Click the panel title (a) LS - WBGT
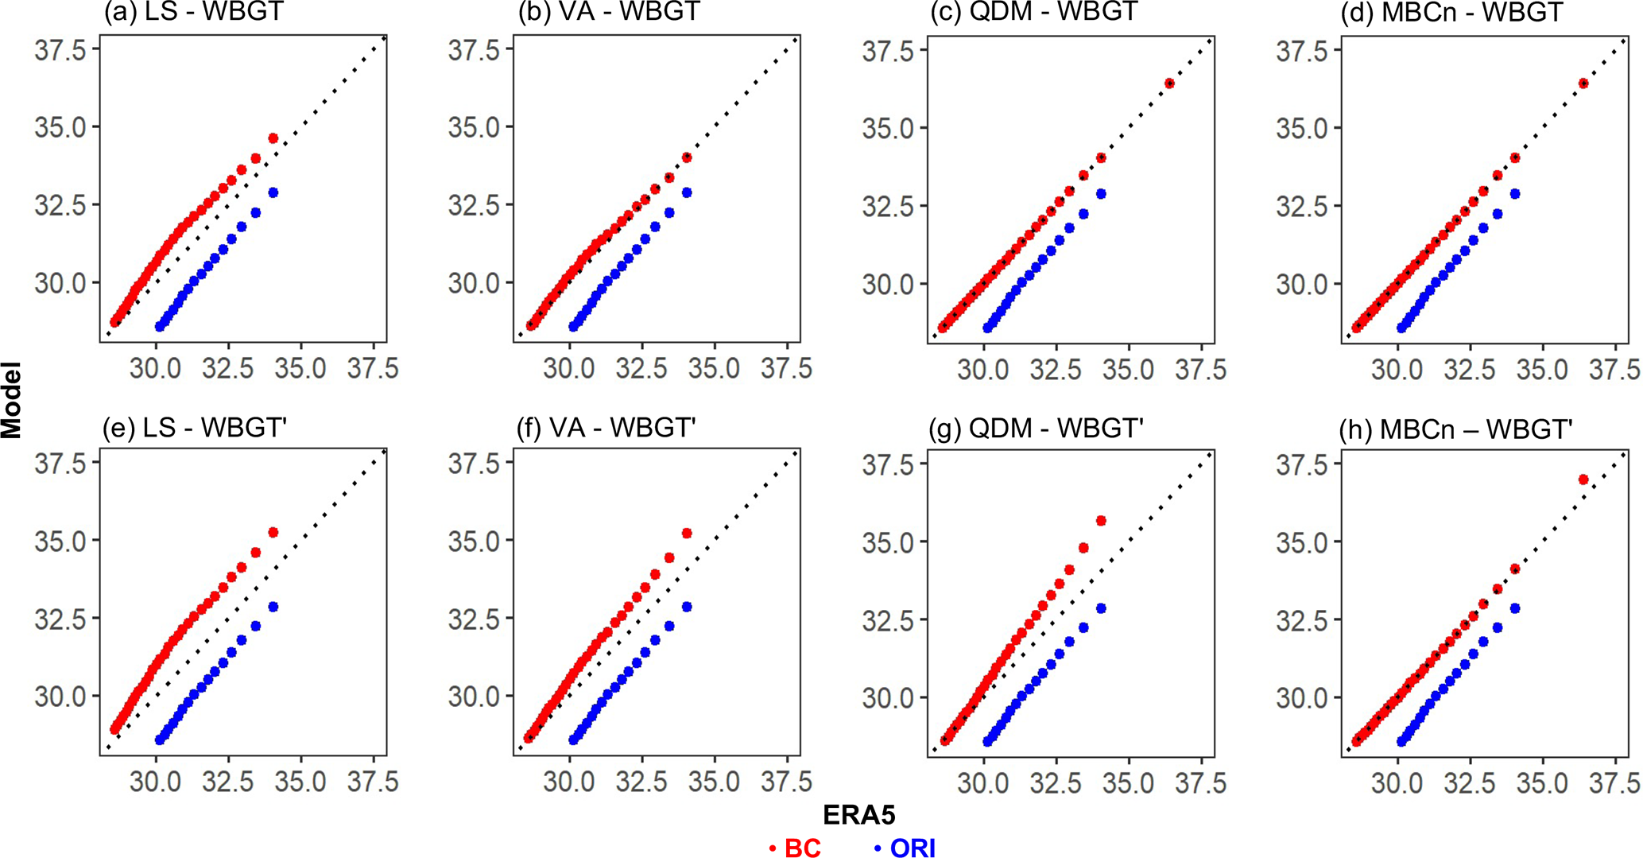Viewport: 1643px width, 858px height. point(193,13)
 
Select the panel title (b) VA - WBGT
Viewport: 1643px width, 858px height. point(608,13)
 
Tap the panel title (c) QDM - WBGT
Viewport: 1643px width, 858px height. point(1033,13)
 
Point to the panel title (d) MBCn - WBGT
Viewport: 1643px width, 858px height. point(1451,13)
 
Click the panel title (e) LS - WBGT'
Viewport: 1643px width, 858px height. point(194,428)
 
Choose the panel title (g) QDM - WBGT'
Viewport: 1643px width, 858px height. point(1036,428)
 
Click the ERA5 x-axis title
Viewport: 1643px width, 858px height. point(858,814)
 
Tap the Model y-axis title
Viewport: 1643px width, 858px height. point(11,400)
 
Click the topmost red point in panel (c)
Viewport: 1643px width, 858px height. point(1169,83)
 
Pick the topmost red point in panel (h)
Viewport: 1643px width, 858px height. point(1583,479)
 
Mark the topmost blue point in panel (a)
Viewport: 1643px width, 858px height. point(273,192)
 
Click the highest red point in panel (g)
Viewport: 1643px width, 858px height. point(1101,521)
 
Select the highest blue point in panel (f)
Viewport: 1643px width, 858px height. point(687,607)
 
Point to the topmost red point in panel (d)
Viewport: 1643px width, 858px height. point(1583,83)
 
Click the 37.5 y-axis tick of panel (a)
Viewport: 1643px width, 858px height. point(60,50)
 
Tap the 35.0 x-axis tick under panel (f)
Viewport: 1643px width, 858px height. point(714,782)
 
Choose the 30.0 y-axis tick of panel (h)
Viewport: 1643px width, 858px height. point(1302,697)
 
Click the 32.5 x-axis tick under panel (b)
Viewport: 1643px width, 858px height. point(641,368)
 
